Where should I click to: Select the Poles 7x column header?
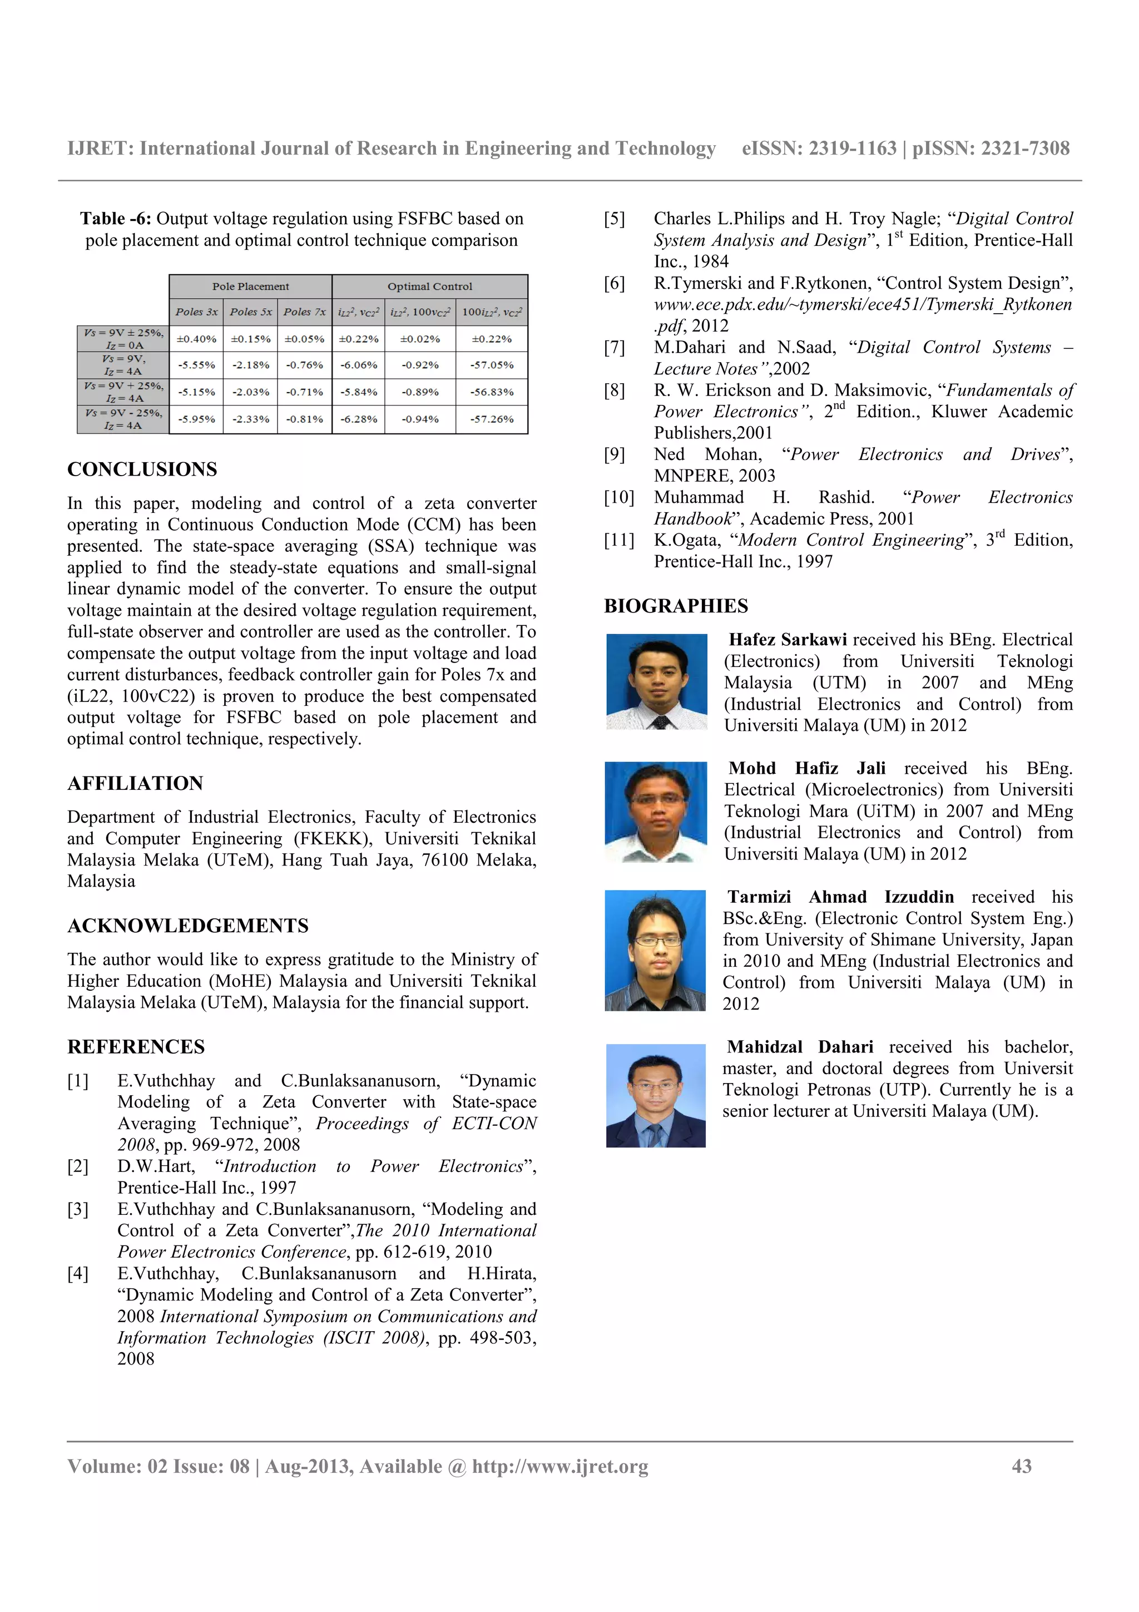(304, 311)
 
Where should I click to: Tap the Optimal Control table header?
(429, 286)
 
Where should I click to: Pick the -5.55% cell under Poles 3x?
(196, 365)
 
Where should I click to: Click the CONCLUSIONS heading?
(142, 469)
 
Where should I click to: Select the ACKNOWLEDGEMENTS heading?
(188, 926)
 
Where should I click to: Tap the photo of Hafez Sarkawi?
(656, 682)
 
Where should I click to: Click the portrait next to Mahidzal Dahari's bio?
(656, 1095)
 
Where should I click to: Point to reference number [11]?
(619, 540)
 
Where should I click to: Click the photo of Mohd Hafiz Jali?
(656, 812)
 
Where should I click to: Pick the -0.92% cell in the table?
(420, 365)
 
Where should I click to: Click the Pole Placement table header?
(250, 286)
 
